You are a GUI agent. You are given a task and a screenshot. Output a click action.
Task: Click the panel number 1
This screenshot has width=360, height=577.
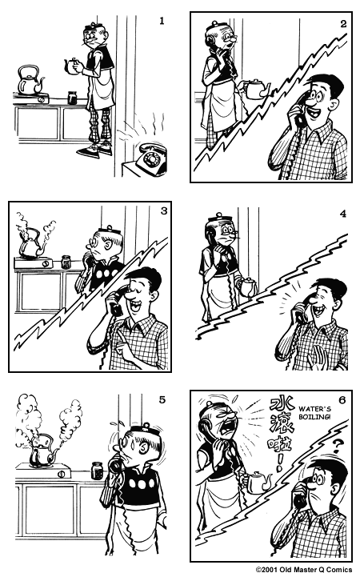[x=162, y=19]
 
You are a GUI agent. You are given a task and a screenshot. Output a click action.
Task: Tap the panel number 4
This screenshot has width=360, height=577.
[x=342, y=214]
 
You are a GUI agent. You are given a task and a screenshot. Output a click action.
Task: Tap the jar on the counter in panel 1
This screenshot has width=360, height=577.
[x=71, y=98]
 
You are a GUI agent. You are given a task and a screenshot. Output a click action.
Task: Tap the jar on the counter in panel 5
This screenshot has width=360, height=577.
[x=98, y=469]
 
